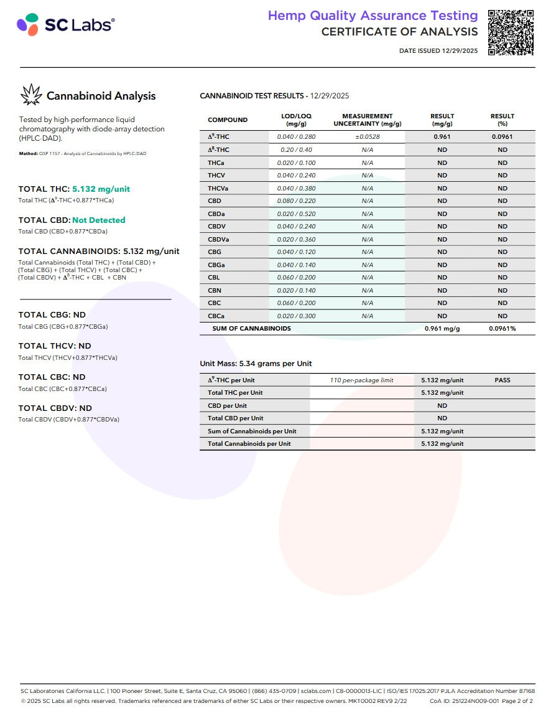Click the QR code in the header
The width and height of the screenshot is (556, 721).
(511, 32)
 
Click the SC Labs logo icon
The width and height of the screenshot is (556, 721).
(27, 25)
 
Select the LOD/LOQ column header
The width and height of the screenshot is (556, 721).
(296, 120)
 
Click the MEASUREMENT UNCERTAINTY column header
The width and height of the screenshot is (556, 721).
(367, 120)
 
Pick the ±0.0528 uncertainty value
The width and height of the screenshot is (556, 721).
(367, 137)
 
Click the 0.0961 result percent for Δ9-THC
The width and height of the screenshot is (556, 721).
(502, 137)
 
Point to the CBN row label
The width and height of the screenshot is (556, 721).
(215, 291)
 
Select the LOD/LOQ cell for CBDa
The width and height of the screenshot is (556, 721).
(296, 214)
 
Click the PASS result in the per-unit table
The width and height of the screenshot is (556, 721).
(502, 380)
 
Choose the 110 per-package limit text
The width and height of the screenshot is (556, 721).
(361, 380)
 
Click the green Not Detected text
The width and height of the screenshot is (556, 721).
(98, 220)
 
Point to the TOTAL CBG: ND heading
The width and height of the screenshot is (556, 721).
(52, 315)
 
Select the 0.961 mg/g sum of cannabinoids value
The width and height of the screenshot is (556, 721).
(442, 329)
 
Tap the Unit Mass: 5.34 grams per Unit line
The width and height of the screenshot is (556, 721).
(256, 364)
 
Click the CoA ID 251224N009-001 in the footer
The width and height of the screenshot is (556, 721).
(463, 700)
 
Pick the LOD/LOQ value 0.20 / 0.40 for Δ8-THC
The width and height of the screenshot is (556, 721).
(296, 150)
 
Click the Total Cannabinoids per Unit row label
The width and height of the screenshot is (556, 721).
(249, 444)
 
